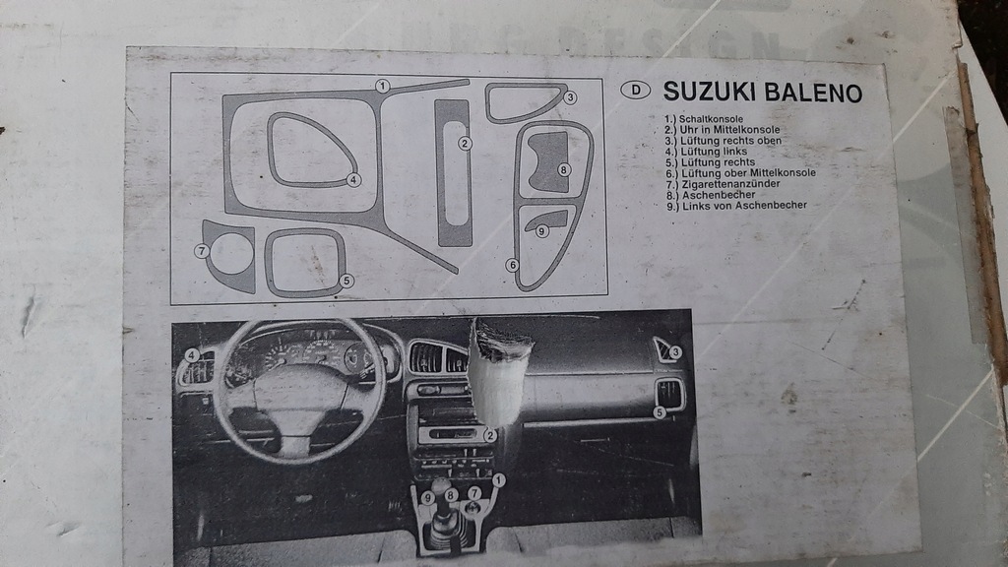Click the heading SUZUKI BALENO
pyautogui.click(x=762, y=93)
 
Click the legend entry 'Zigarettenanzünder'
pyautogui.click(x=718, y=183)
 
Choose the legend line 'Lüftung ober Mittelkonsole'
pyautogui.click(x=740, y=173)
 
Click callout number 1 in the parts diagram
pyautogui.click(x=382, y=87)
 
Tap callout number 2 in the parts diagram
pyautogui.click(x=465, y=143)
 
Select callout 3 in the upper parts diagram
pyautogui.click(x=570, y=96)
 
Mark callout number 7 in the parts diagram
pyautogui.click(x=201, y=251)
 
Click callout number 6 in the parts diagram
pyautogui.click(x=512, y=265)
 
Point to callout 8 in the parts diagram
pyautogui.click(x=563, y=169)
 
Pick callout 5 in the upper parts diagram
pyautogui.click(x=346, y=281)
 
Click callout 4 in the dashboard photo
pyautogui.click(x=192, y=355)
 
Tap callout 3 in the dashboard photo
pyautogui.click(x=675, y=351)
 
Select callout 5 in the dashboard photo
pyautogui.click(x=660, y=412)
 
